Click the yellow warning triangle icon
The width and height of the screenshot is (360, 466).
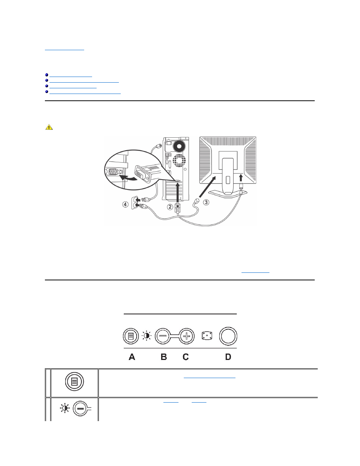tap(49, 127)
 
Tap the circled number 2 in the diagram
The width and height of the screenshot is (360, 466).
tap(170, 207)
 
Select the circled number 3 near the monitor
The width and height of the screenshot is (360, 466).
tap(206, 202)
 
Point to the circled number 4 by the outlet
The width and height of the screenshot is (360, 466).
tap(125, 205)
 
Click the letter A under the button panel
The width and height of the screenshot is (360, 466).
tap(132, 357)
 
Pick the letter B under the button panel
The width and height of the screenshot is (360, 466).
tap(164, 357)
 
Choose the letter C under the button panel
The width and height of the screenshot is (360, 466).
tap(186, 357)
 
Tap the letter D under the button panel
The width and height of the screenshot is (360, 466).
tap(228, 357)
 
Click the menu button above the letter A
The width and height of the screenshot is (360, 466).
tap(131, 336)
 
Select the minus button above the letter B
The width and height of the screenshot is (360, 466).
tap(163, 336)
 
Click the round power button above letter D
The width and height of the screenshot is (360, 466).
tap(228, 336)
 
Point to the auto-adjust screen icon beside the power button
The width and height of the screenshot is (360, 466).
tap(207, 336)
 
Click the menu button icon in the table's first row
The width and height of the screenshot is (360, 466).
tap(74, 381)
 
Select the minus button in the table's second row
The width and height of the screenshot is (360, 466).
tap(80, 409)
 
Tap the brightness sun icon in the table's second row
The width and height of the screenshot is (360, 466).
tap(65, 408)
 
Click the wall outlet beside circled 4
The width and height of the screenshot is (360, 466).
tap(134, 203)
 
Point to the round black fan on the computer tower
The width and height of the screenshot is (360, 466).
tap(180, 146)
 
